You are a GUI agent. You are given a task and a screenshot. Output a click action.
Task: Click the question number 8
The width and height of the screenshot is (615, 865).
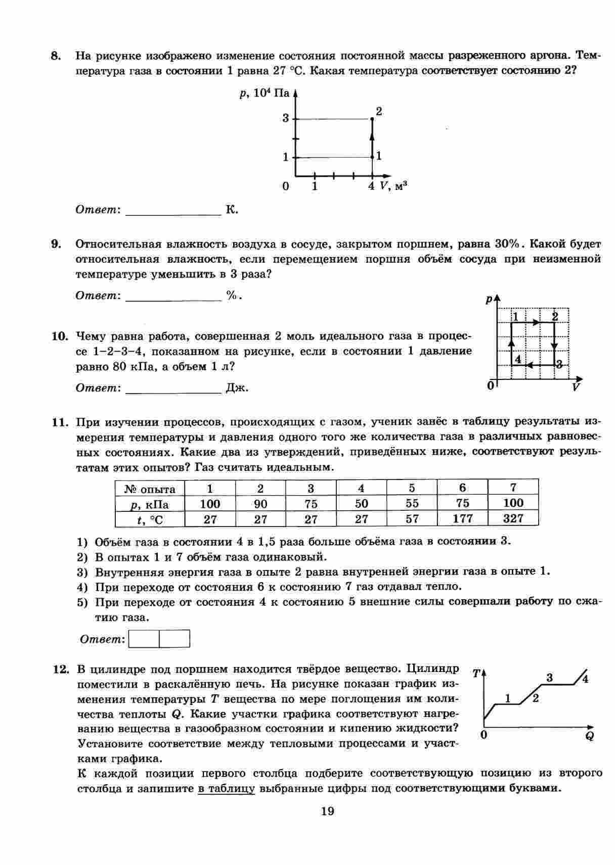pyautogui.click(x=56, y=56)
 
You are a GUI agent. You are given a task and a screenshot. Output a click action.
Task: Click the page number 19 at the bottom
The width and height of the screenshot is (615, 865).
pyautogui.click(x=327, y=811)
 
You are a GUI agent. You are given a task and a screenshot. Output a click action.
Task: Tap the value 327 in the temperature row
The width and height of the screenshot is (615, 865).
pyautogui.click(x=513, y=518)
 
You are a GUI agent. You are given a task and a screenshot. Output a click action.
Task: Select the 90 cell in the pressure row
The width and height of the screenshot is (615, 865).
pyautogui.click(x=260, y=504)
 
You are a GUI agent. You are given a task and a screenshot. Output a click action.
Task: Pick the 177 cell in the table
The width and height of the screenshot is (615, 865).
pyautogui.click(x=462, y=518)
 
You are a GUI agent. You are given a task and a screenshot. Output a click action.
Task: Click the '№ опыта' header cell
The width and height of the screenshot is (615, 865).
pyautogui.click(x=150, y=489)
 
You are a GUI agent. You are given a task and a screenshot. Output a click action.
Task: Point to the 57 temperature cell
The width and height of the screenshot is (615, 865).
pyautogui.click(x=412, y=518)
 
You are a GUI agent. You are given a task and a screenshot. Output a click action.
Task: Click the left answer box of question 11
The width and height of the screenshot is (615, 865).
pyautogui.click(x=145, y=639)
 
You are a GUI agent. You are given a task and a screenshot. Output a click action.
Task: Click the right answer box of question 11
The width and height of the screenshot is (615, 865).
pyautogui.click(x=174, y=639)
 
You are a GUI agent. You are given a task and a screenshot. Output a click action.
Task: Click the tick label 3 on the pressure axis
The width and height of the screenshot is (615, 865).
pyautogui.click(x=286, y=119)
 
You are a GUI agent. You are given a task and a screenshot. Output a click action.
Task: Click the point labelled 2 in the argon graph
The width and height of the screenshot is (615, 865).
pyautogui.click(x=372, y=119)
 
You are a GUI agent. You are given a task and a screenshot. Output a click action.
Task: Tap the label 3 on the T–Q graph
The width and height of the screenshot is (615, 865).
pyautogui.click(x=550, y=678)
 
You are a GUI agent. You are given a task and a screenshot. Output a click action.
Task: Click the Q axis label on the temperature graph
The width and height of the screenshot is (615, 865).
pyautogui.click(x=589, y=736)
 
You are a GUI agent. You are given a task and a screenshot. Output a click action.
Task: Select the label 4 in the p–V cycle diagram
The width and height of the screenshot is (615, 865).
pyautogui.click(x=517, y=359)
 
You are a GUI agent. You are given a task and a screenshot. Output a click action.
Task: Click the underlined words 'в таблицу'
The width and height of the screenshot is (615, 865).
pyautogui.click(x=226, y=789)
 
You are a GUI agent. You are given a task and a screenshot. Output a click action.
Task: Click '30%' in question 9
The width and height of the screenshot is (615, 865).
pyautogui.click(x=507, y=244)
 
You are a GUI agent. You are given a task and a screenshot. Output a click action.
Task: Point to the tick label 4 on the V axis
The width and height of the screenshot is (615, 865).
pyautogui.click(x=371, y=186)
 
